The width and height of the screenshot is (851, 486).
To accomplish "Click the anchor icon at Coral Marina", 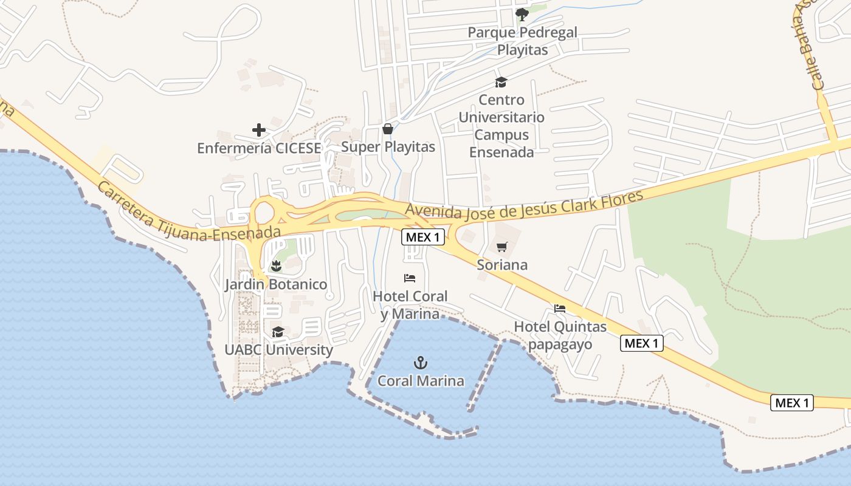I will click(x=421, y=363).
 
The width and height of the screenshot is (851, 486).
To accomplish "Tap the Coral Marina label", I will click(x=421, y=381).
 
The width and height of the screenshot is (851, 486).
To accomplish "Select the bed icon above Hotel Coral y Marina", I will click(x=410, y=278).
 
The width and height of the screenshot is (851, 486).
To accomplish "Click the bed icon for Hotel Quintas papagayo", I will click(x=560, y=309).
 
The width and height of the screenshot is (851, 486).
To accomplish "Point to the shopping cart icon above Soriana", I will click(x=501, y=247).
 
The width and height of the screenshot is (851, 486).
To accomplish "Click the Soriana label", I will click(x=502, y=265).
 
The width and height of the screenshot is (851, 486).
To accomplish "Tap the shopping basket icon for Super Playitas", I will click(x=387, y=129).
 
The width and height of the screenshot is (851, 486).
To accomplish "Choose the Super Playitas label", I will click(x=388, y=147).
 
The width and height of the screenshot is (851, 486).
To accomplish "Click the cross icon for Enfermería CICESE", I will click(x=259, y=130).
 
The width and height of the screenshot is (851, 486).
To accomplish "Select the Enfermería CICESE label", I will click(x=259, y=148).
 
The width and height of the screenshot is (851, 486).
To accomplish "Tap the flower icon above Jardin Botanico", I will click(x=276, y=265).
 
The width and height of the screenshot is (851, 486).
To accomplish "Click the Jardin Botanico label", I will click(x=276, y=284).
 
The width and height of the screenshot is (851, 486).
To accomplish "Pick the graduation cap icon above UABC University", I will click(x=278, y=332).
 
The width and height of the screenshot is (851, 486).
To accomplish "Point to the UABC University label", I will click(x=278, y=350).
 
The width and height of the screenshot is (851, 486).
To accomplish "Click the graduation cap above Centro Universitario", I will click(x=501, y=82).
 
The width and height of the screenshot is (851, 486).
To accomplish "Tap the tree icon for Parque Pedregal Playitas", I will click(x=522, y=13).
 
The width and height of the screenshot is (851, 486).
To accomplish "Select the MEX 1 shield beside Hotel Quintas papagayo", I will click(x=641, y=343).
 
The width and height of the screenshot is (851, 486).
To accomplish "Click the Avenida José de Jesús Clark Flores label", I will click(x=524, y=207).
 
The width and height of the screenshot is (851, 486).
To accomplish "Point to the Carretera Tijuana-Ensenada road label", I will click(x=188, y=213).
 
